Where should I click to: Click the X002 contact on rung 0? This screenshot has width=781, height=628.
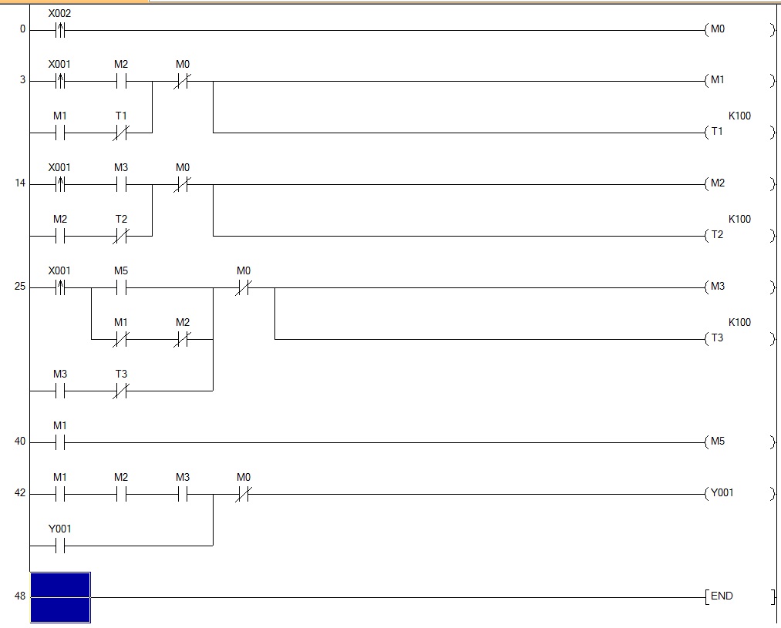point(60,31)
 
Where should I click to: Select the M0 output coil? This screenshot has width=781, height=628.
point(718,30)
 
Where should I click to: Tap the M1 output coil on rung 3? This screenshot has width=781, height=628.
point(718,81)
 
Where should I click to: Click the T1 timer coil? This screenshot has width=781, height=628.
point(718,132)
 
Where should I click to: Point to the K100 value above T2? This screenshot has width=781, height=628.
point(739,219)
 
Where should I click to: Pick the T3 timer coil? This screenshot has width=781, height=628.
point(718,338)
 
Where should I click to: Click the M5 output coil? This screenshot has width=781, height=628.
point(718,442)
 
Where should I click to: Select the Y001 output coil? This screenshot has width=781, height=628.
point(721,493)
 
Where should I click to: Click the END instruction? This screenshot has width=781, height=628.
point(721,596)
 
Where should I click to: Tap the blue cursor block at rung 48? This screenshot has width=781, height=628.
point(60,597)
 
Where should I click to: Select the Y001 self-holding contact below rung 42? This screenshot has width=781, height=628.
point(60,546)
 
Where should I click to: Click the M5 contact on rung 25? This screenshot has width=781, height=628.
point(121,287)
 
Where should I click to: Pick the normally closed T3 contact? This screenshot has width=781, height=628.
point(121,391)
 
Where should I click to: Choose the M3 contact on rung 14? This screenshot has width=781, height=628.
point(121,184)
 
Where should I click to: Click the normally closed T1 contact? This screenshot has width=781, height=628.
point(121,133)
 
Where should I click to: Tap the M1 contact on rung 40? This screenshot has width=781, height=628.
point(60,442)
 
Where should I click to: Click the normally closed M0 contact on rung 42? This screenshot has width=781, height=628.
point(244,494)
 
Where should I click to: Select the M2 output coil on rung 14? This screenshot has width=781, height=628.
point(718,184)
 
